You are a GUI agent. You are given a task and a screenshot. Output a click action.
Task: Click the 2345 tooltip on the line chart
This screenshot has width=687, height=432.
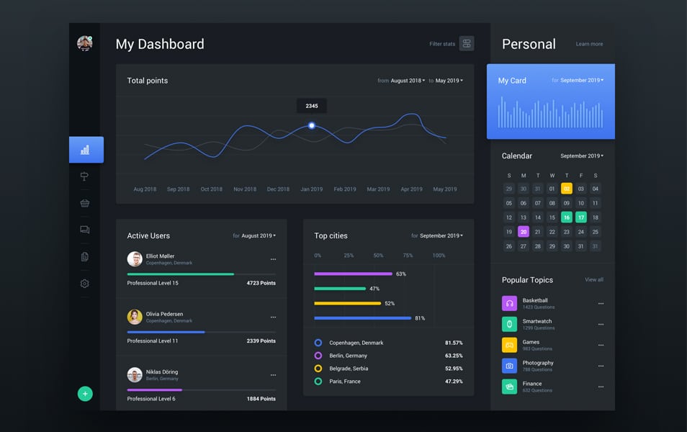click(x=312, y=106)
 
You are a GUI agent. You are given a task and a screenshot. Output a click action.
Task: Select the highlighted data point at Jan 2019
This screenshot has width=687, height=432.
click(x=312, y=125)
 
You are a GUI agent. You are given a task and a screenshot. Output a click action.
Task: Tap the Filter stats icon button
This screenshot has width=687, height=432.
click(x=467, y=44)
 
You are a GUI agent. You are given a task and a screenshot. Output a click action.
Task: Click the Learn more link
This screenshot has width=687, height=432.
click(x=589, y=44)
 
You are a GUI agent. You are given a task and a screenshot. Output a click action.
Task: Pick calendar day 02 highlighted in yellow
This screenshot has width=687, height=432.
click(x=567, y=189)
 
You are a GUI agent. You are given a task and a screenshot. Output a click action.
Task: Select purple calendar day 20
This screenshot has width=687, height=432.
click(x=524, y=232)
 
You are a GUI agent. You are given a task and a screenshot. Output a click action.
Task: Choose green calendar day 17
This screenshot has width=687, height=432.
click(x=581, y=217)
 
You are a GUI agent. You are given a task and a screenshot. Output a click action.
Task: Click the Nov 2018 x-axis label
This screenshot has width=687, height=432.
click(x=245, y=189)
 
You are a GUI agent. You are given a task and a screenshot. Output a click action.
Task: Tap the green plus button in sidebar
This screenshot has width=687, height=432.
click(x=85, y=394)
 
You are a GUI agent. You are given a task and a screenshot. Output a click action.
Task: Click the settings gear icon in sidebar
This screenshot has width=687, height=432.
click(x=85, y=284)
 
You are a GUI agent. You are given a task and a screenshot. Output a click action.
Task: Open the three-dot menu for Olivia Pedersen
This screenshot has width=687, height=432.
click(x=273, y=317)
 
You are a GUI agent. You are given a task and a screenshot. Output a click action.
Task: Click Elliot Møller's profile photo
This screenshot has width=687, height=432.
click(x=135, y=259)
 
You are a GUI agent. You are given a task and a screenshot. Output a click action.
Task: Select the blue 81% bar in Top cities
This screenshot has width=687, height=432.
click(x=362, y=318)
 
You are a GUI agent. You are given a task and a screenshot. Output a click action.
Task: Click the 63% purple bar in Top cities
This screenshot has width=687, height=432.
click(x=353, y=274)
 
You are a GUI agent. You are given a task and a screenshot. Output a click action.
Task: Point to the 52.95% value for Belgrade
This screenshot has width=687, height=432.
click(x=454, y=369)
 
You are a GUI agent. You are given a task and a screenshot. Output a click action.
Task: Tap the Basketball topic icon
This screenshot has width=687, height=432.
click(x=509, y=303)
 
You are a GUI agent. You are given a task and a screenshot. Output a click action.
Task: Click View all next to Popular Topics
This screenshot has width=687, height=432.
click(x=594, y=279)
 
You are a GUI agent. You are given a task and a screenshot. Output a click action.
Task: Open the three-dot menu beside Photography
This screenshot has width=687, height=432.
click(x=601, y=366)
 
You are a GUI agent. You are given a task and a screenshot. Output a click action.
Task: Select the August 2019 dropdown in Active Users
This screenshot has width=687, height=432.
click(x=258, y=235)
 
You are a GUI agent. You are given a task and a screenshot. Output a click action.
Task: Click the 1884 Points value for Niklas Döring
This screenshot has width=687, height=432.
click(x=261, y=399)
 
